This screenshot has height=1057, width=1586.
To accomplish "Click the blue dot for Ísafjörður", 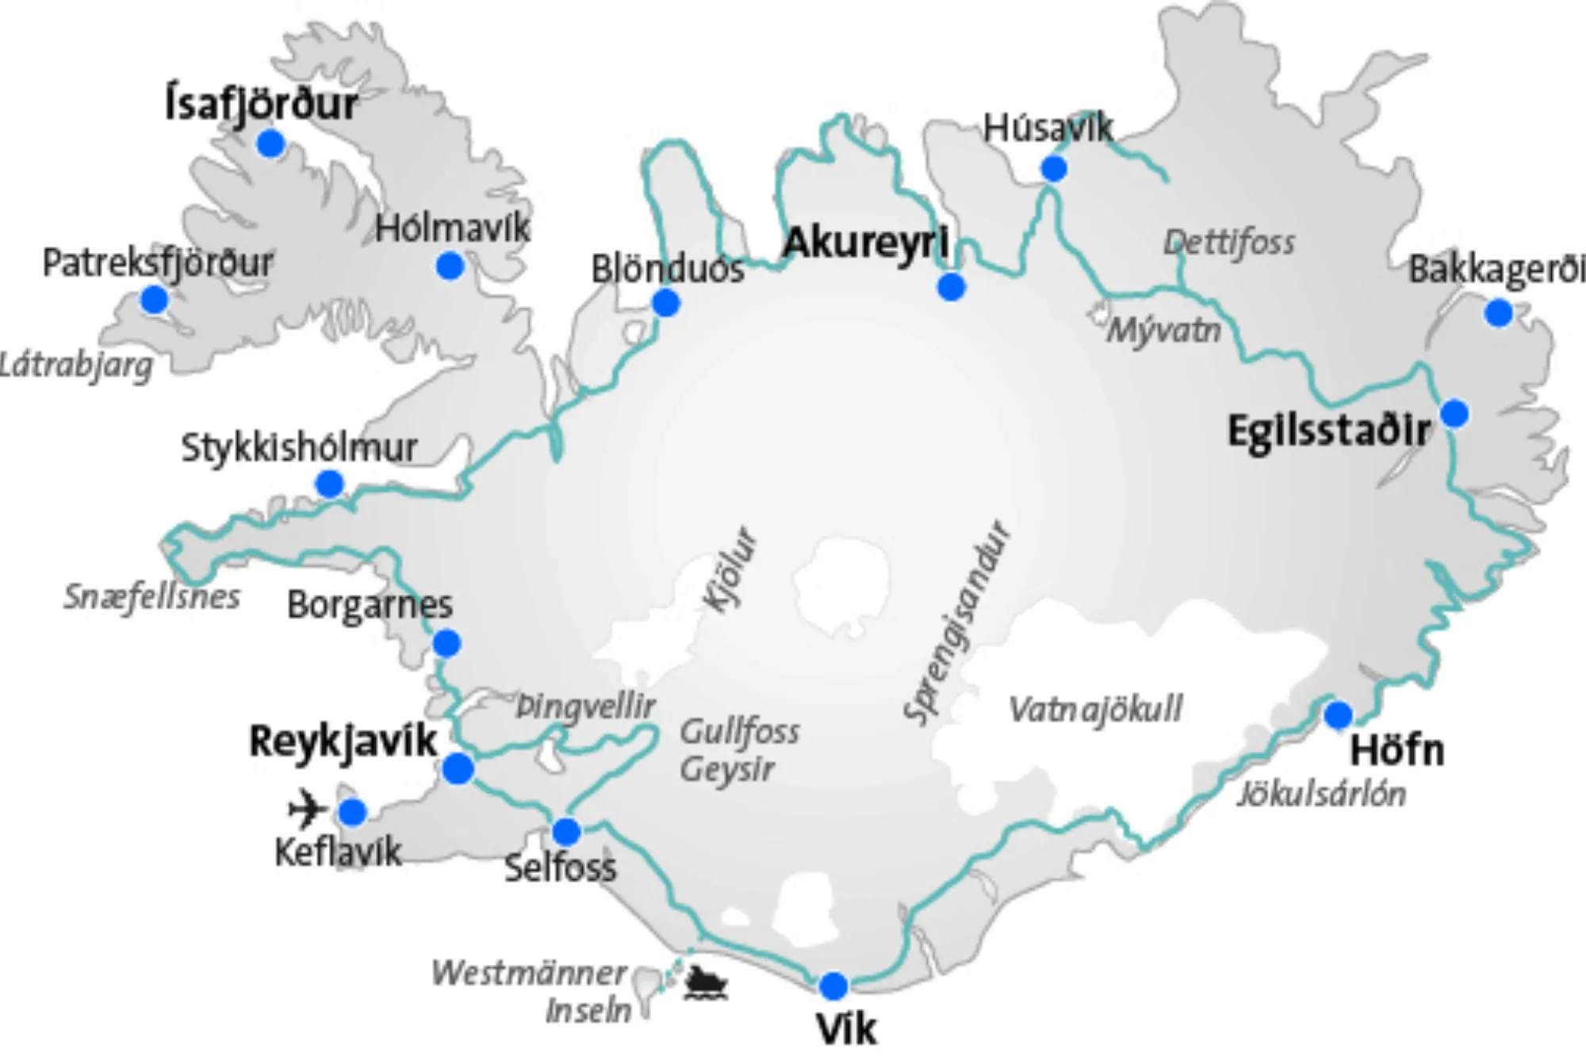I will pos(270,144).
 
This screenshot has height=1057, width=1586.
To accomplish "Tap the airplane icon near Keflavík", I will pos(307,810).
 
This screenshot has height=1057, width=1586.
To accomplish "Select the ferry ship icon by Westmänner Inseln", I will pos(705,983).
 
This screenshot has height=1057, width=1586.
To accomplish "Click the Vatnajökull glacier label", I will pos(1094,709).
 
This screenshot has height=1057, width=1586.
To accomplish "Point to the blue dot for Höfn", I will pos(1338,714).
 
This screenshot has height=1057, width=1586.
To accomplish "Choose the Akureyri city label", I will pos(865,242).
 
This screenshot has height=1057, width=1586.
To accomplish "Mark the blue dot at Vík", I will pos(833,986).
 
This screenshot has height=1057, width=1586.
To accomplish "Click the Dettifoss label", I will pos(1228,243).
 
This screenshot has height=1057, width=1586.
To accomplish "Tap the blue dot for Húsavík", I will pos(1053,168).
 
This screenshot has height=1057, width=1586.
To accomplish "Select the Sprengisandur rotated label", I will pos(957,623).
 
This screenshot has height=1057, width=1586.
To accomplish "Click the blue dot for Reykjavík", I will pos(458,768).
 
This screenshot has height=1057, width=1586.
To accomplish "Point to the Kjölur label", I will pos(730,569).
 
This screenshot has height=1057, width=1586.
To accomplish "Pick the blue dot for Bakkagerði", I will pos(1498,313).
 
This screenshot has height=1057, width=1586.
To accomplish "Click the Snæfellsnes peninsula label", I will pos(151,596).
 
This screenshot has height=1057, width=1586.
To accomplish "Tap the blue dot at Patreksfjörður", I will pos(154,300).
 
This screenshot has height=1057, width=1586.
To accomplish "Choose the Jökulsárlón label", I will pos(1321,794).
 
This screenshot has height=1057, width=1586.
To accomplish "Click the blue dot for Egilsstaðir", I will pos(1454,413).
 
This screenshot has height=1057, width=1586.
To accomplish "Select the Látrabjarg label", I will pos(76,366).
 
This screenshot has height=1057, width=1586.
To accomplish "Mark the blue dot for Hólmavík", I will pos(450,266).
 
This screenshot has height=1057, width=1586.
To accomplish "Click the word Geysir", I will pos(726,768).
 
